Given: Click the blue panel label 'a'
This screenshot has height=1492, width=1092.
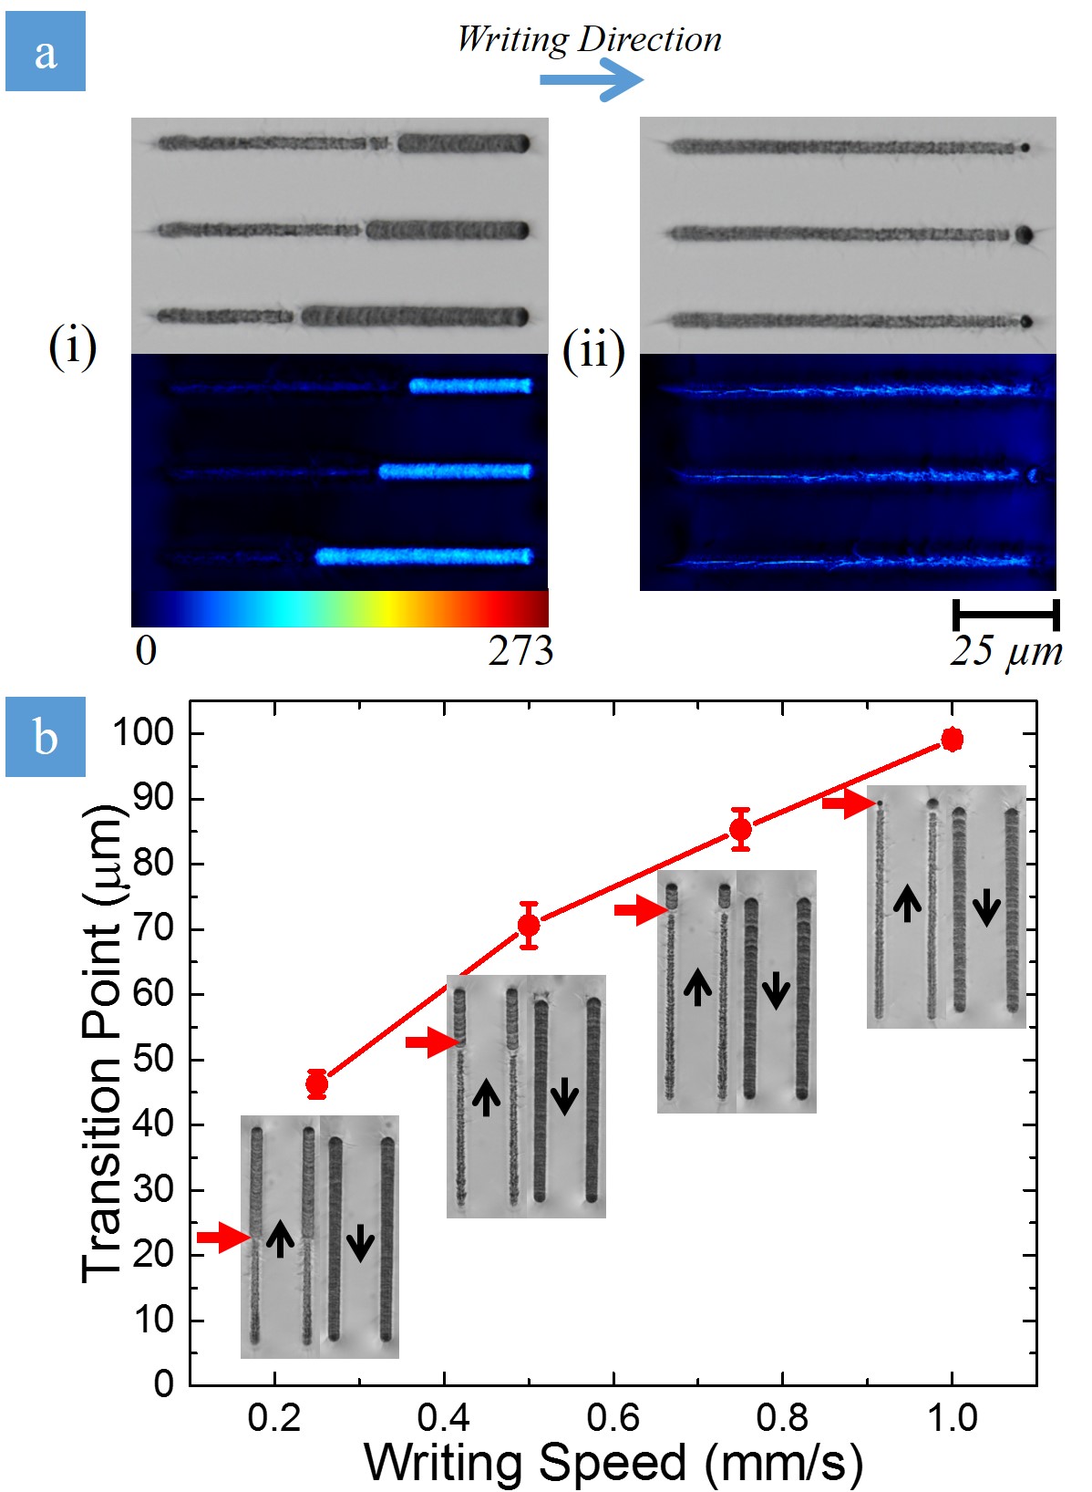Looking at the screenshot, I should tap(46, 52).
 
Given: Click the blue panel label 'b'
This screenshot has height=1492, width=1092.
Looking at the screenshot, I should tap(46, 737).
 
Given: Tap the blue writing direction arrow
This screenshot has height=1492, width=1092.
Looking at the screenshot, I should tap(592, 79).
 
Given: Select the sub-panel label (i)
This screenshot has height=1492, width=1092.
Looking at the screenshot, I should tap(73, 347).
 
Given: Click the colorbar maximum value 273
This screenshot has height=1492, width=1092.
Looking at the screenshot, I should tap(520, 651).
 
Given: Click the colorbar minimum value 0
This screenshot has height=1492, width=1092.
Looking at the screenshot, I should tap(146, 651).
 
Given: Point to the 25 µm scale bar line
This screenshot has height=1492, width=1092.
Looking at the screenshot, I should tap(1005, 615).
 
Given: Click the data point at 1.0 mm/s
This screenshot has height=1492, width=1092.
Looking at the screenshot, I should tap(953, 740).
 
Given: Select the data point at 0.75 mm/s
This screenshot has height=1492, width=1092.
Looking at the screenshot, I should tap(741, 830).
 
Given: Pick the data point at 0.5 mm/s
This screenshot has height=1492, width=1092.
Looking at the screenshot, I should tap(529, 926).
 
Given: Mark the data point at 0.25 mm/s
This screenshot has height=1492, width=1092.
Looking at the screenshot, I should tap(316, 1084).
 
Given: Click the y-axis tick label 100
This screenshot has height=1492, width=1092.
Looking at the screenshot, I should tap(144, 732).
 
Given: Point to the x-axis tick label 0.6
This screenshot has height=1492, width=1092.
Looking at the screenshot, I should tap(613, 1418).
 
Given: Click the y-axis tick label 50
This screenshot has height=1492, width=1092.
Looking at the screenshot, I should tap(153, 1060).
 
